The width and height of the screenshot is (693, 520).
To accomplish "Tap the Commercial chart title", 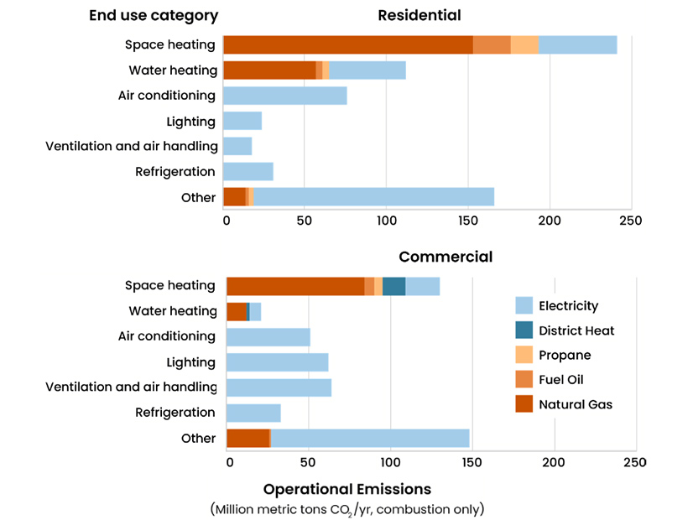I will pyautogui.click(x=445, y=257).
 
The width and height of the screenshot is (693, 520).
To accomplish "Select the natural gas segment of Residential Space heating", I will pyautogui.click(x=347, y=45).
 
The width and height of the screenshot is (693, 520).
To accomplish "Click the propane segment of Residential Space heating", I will pyautogui.click(x=524, y=45).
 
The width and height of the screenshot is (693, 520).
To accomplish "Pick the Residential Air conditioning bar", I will pyautogui.click(x=285, y=96).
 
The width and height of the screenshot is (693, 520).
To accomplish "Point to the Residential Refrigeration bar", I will pyautogui.click(x=248, y=172).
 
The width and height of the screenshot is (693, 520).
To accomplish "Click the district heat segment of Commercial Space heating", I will pyautogui.click(x=394, y=286).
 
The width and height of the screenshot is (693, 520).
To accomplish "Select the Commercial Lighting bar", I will pyautogui.click(x=278, y=362).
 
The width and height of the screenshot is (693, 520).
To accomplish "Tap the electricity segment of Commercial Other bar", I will pyautogui.click(x=370, y=439).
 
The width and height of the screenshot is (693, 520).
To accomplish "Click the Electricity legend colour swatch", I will pyautogui.click(x=524, y=305).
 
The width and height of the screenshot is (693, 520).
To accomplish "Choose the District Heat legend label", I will pyautogui.click(x=576, y=330).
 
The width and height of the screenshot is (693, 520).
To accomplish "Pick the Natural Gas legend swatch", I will pyautogui.click(x=524, y=404).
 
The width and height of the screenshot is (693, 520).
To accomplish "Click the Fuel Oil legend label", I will pyautogui.click(x=562, y=380).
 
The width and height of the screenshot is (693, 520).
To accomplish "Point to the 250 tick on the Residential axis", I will pyautogui.click(x=630, y=221).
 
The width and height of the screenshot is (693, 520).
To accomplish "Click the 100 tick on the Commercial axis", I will pyautogui.click(x=390, y=462).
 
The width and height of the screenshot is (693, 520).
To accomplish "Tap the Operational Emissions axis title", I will pyautogui.click(x=346, y=490).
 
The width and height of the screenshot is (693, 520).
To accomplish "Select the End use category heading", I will pyautogui.click(x=154, y=15).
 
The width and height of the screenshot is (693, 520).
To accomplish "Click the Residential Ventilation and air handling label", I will pyautogui.click(x=132, y=146).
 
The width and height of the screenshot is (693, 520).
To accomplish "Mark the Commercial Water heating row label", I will pyautogui.click(x=173, y=311).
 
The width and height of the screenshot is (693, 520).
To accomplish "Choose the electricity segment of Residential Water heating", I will pyautogui.click(x=367, y=70).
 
